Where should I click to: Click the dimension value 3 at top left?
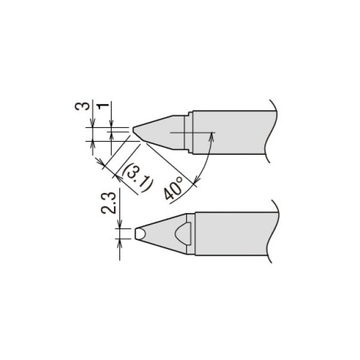(x=86, y=107)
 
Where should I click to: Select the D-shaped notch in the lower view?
(x=183, y=232)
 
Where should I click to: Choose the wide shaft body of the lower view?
(x=234, y=232)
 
